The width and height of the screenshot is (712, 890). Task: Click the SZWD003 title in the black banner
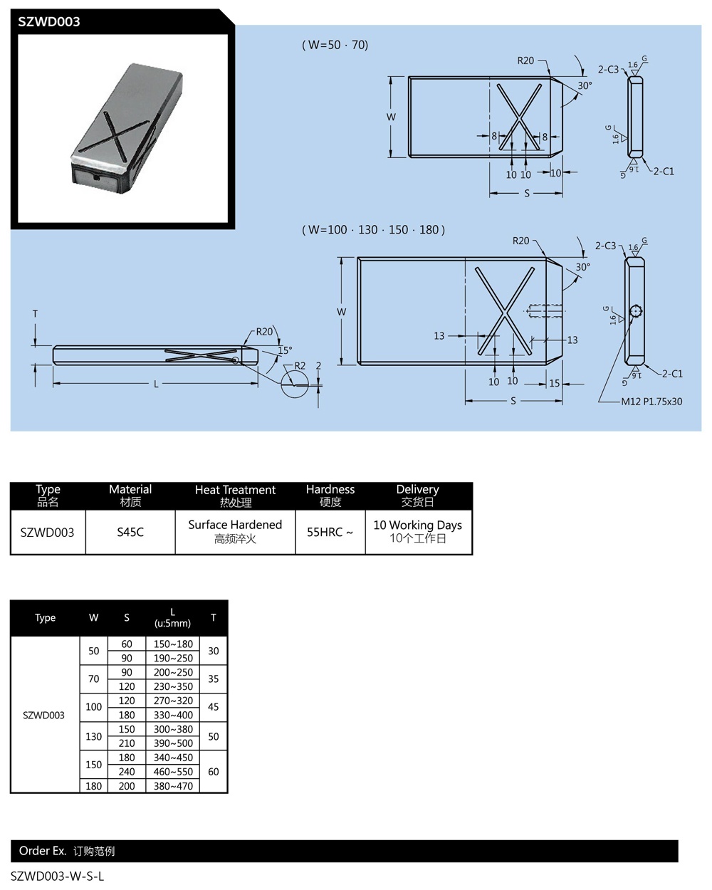coord(49,21)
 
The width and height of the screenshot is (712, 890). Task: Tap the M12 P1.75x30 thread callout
coord(651,402)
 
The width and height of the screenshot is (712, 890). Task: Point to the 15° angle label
coord(285,350)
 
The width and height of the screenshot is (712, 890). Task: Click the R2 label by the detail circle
coord(300,366)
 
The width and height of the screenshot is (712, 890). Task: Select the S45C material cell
coord(130,532)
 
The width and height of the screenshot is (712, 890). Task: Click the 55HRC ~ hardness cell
coord(330,532)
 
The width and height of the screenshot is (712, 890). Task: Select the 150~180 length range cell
coord(173,644)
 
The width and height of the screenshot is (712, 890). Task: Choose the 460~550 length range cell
coord(173,771)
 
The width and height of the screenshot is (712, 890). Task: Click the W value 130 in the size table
coord(94,736)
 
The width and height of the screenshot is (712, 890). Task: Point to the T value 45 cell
coord(213,707)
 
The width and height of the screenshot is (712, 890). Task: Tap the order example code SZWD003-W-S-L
coord(58,876)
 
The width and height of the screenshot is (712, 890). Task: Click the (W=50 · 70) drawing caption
coord(335,45)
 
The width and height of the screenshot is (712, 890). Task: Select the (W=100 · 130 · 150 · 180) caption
coord(374,229)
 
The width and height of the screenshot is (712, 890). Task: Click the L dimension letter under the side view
coord(157,384)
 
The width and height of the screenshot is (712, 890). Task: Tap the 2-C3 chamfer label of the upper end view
coord(608,69)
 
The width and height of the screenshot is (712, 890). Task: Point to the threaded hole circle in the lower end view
coord(636,312)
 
